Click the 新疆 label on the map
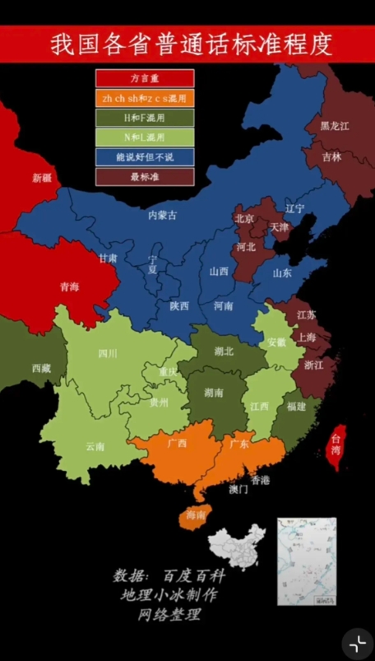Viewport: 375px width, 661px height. pyautogui.click(x=41, y=177)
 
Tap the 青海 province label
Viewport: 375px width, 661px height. pyautogui.click(x=69, y=286)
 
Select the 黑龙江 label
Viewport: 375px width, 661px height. pyautogui.click(x=335, y=125)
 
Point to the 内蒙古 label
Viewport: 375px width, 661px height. pyautogui.click(x=162, y=215)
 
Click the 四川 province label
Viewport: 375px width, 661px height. pyautogui.click(x=108, y=354)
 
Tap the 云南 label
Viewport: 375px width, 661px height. pyautogui.click(x=95, y=446)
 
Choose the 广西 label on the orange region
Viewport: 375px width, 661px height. pyautogui.click(x=177, y=443)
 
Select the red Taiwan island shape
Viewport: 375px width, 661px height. pyautogui.click(x=336, y=447)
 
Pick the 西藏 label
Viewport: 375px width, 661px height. pyautogui.click(x=42, y=368)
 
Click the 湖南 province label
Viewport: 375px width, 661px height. pyautogui.click(x=213, y=393)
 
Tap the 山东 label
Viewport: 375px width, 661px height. pyautogui.click(x=282, y=272)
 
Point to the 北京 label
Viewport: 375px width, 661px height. pyautogui.click(x=244, y=219)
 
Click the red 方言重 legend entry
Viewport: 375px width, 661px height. pyautogui.click(x=145, y=79)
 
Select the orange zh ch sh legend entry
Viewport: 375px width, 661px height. pyautogui.click(x=145, y=98)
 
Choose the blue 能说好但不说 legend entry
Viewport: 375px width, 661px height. pyautogui.click(x=145, y=156)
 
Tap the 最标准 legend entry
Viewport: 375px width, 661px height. pyautogui.click(x=145, y=176)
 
